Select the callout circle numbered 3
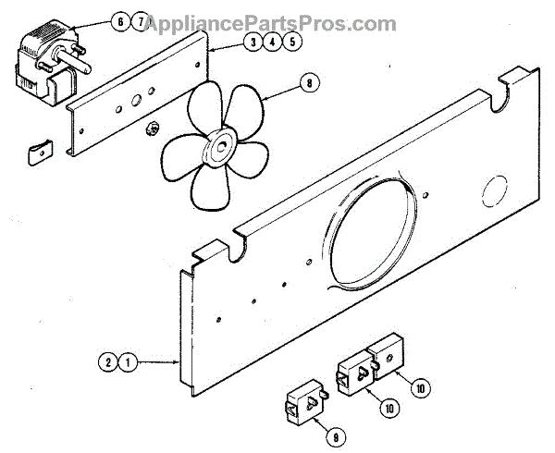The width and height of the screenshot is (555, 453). pos(252,42)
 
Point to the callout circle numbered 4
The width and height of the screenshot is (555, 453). pos(271,42)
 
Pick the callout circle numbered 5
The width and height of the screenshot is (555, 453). pos(290,42)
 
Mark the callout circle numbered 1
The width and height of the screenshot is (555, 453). pos(129,362)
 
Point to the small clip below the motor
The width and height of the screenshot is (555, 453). pos(37,149)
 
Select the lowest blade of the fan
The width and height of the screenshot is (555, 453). pos(208,185)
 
